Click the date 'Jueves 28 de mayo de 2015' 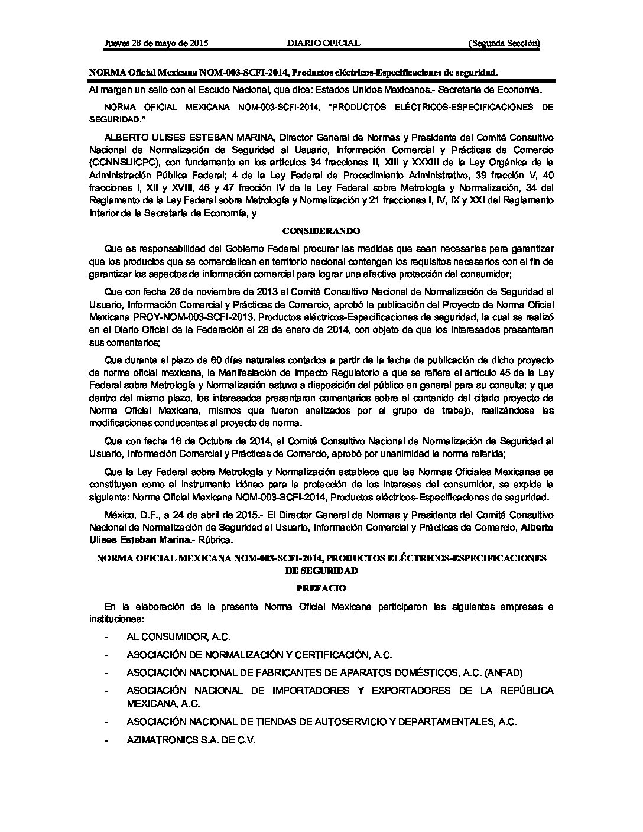point(156,43)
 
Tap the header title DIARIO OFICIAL point(323,43)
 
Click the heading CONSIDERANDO point(321,230)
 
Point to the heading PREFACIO point(321,588)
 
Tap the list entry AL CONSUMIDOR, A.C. point(178,636)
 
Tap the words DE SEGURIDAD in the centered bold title point(321,571)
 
